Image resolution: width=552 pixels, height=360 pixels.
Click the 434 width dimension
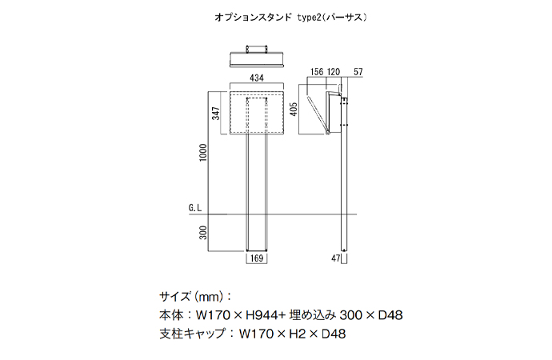257,78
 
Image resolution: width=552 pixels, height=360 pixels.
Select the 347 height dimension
216,114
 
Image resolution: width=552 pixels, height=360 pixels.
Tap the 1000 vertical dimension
204,152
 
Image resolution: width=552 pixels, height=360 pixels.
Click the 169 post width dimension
257,258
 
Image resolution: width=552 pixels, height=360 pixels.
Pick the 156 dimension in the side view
316,72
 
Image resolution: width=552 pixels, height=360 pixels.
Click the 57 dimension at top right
358,72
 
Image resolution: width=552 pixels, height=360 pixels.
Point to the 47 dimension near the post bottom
334,258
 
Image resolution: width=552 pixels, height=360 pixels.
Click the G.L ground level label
195,207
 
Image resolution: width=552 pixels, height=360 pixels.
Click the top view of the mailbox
257,58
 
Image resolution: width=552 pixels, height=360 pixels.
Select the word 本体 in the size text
171,314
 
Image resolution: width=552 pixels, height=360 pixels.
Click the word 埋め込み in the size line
315,314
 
